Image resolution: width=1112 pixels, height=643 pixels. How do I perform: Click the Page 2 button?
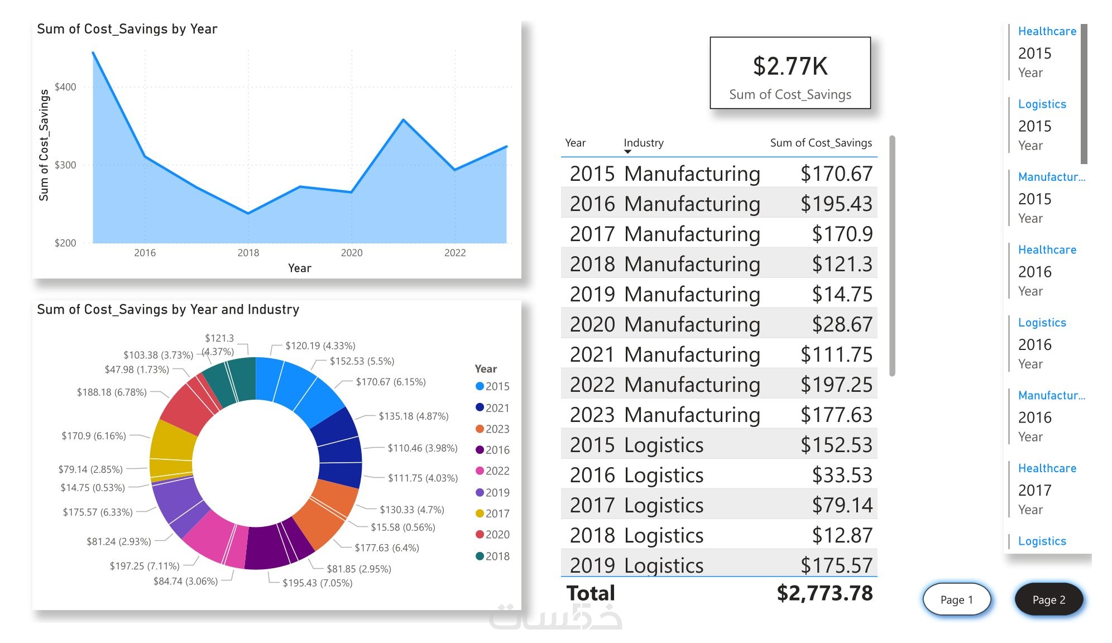pyautogui.click(x=1048, y=599)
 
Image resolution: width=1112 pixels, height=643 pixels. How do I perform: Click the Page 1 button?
pyautogui.click(x=956, y=599)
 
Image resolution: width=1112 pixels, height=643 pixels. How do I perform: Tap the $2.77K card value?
pyautogui.click(x=790, y=66)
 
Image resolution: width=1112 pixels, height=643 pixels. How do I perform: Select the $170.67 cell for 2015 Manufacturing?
pyautogui.click(x=836, y=174)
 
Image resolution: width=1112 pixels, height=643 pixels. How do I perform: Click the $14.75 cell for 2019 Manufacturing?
pyautogui.click(x=842, y=294)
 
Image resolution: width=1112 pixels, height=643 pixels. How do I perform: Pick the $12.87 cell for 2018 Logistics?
pyautogui.click(x=842, y=535)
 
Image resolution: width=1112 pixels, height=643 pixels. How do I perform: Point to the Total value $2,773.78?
pyautogui.click(x=825, y=593)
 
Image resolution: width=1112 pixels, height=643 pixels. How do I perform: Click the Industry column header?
pyautogui.click(x=643, y=143)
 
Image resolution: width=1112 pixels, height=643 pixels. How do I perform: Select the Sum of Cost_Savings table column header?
pyautogui.click(x=821, y=143)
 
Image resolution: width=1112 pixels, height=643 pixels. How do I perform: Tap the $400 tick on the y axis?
pyautogui.click(x=65, y=87)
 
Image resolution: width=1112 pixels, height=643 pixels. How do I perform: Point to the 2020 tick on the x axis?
pyautogui.click(x=352, y=253)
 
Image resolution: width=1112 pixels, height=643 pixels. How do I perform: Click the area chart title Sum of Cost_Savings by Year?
pyautogui.click(x=127, y=29)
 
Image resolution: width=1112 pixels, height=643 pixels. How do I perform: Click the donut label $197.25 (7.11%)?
pyautogui.click(x=145, y=566)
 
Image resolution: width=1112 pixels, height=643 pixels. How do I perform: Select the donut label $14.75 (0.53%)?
pyautogui.click(x=93, y=488)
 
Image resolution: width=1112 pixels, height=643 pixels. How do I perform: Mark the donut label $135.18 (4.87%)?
pyautogui.click(x=413, y=416)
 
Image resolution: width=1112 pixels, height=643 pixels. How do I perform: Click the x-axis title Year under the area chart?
pyautogui.click(x=299, y=268)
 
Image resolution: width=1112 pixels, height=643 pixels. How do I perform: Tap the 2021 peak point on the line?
pyautogui.click(x=403, y=120)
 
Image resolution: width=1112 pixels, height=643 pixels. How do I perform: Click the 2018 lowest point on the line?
pyautogui.click(x=248, y=213)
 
